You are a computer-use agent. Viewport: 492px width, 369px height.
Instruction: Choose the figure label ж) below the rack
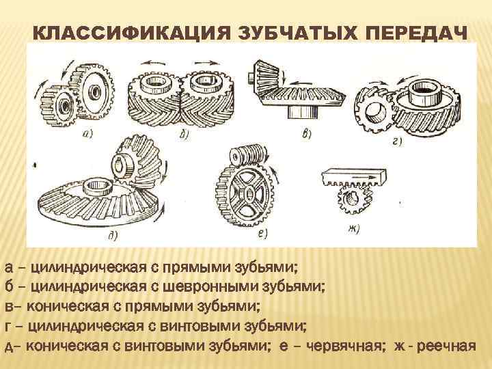coord(353,228)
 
